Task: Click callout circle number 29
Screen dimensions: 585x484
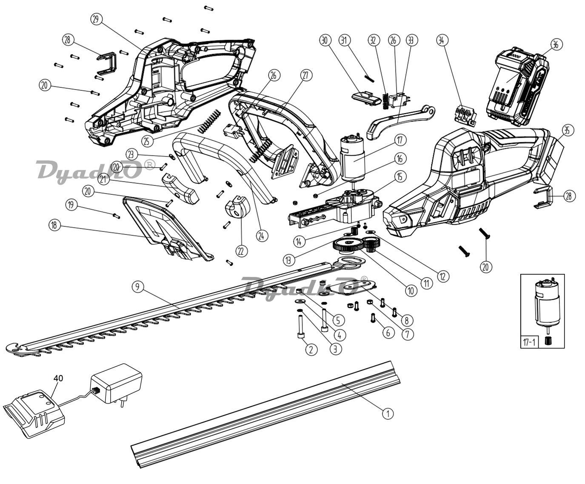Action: pyautogui.click(x=96, y=20)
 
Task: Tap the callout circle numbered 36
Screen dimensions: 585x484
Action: pyautogui.click(x=556, y=45)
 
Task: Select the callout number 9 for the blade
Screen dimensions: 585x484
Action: pyautogui.click(x=138, y=287)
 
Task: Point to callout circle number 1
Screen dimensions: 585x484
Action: pyautogui.click(x=388, y=413)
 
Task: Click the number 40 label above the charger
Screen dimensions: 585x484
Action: pyautogui.click(x=58, y=378)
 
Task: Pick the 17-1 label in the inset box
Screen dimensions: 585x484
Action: pyautogui.click(x=529, y=342)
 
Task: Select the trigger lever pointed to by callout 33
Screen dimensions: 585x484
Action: pyautogui.click(x=401, y=122)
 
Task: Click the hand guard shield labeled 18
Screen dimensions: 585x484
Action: pyautogui.click(x=167, y=228)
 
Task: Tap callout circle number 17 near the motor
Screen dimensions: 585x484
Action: pyautogui.click(x=400, y=140)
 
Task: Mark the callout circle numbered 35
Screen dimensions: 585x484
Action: pyautogui.click(x=567, y=130)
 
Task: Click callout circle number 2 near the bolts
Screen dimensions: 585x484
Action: pyautogui.click(x=311, y=349)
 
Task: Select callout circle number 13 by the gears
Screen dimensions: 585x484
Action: pyautogui.click(x=289, y=260)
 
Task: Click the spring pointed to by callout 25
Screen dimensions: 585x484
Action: pyautogui.click(x=209, y=121)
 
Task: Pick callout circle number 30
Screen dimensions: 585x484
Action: pyautogui.click(x=325, y=40)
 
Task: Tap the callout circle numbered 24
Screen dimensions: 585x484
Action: pyautogui.click(x=262, y=236)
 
